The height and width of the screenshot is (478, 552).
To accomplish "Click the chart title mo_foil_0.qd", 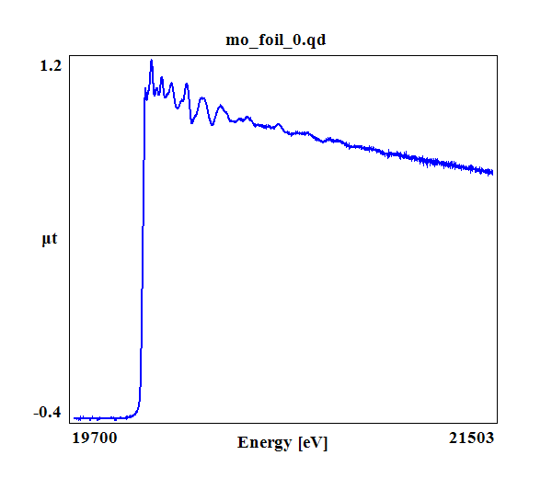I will (276, 40).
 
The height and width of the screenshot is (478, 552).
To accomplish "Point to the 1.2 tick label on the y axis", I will (51, 65).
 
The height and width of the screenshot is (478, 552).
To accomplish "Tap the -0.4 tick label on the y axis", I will (47, 411).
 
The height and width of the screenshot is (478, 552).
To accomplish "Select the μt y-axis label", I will (50, 240).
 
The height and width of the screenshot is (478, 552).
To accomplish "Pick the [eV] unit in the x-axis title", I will (313, 442).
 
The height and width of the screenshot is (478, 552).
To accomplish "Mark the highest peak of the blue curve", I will (151, 61).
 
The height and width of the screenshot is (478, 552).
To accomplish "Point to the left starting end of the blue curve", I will (75, 417).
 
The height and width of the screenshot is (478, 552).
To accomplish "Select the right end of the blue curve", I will (493, 172).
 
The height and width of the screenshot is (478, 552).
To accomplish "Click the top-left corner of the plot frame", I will (70, 55).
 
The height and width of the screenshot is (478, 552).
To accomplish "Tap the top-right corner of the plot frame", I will (498, 55).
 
